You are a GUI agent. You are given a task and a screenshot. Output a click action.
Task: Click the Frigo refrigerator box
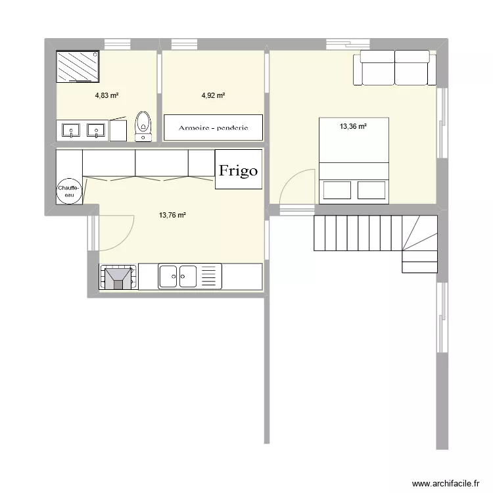239,170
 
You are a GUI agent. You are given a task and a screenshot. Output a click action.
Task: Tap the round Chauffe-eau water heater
70,191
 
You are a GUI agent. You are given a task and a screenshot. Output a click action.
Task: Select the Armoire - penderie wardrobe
213,127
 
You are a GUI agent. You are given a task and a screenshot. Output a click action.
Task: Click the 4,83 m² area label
106,95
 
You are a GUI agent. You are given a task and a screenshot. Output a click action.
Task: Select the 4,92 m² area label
213,95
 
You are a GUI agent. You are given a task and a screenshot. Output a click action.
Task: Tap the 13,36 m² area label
353,127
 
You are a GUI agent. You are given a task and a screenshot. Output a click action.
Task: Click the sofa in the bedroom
394,68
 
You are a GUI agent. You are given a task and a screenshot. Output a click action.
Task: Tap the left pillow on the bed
337,190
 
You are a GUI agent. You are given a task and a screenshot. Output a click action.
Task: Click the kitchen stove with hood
118,277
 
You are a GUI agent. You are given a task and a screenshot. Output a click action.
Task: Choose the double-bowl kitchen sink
178,277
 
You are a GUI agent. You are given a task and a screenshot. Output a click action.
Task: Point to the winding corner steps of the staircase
419,243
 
